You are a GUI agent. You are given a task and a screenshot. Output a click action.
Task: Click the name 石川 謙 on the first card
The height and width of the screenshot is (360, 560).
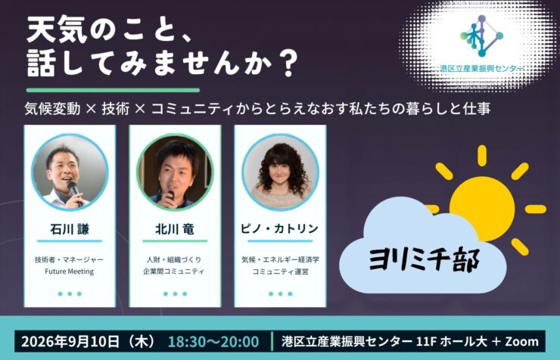[70, 229]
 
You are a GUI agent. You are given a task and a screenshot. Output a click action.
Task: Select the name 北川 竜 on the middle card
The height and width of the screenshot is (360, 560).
[175, 229]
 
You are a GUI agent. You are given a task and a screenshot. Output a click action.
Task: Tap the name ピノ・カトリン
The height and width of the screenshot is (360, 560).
[280, 228]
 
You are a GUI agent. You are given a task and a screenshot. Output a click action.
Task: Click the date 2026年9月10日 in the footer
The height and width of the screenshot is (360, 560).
[70, 341]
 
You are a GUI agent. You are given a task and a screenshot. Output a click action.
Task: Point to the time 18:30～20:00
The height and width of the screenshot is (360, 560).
[213, 341]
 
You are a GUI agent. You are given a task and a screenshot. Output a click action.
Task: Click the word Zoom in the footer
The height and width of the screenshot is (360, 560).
[522, 341]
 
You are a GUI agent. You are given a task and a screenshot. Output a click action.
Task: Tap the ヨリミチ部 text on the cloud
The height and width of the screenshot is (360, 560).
[424, 259]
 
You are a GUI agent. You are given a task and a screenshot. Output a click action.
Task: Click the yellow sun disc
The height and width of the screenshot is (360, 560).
[482, 209]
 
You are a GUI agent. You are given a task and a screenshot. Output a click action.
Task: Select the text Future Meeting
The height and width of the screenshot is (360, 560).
[70, 272]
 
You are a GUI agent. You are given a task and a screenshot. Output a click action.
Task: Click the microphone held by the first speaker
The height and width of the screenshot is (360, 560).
[74, 191]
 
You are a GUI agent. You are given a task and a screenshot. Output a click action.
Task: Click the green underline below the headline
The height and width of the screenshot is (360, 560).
[113, 90]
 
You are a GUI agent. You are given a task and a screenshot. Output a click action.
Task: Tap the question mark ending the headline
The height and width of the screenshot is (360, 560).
[288, 64]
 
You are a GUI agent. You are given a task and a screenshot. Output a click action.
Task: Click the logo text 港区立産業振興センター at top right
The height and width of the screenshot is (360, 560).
[482, 69]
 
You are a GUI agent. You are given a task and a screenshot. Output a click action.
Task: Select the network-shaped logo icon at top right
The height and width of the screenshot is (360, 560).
[481, 36]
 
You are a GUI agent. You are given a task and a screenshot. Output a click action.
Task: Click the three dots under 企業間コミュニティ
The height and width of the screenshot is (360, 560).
[175, 294]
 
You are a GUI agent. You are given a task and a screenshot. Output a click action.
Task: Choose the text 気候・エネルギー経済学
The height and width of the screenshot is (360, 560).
[280, 259]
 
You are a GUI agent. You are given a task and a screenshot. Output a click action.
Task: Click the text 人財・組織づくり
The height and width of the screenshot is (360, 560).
[175, 259]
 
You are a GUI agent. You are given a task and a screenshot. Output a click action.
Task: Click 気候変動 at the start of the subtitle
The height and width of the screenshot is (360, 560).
[52, 108]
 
